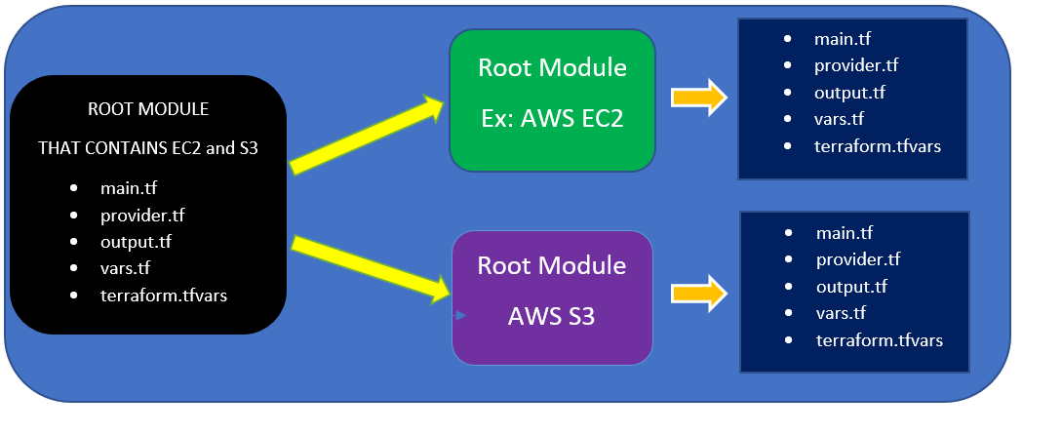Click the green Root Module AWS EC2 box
[x=552, y=99]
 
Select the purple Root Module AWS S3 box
[x=552, y=297]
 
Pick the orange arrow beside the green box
[x=699, y=97]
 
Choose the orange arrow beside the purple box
[x=699, y=293]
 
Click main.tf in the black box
[x=128, y=188]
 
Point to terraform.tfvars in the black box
[x=163, y=295]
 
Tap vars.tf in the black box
[x=125, y=268]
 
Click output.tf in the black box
[x=136, y=242]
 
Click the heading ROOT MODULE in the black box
[x=148, y=108]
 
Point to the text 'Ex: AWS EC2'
[x=552, y=120]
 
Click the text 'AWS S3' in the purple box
[x=552, y=317]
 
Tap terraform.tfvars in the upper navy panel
[x=878, y=146]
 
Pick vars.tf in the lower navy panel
[x=841, y=313]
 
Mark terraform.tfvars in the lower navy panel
[x=880, y=340]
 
